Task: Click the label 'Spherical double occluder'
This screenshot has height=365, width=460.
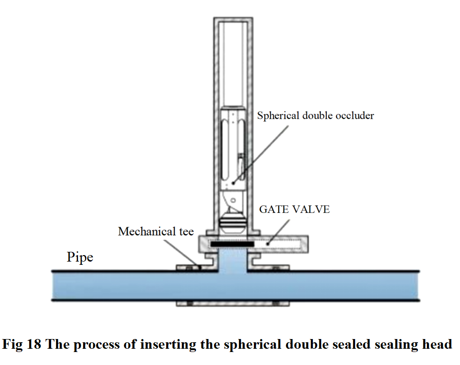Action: tap(315, 115)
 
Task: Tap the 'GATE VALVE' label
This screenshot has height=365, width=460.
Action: tap(294, 210)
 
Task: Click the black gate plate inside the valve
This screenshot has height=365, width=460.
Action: tap(232, 243)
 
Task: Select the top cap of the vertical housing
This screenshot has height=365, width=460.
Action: tap(233, 20)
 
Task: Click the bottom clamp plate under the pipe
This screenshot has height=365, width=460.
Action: tap(233, 304)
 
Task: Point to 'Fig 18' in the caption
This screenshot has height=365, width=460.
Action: tap(21, 345)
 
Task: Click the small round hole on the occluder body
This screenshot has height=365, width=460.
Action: tap(233, 200)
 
